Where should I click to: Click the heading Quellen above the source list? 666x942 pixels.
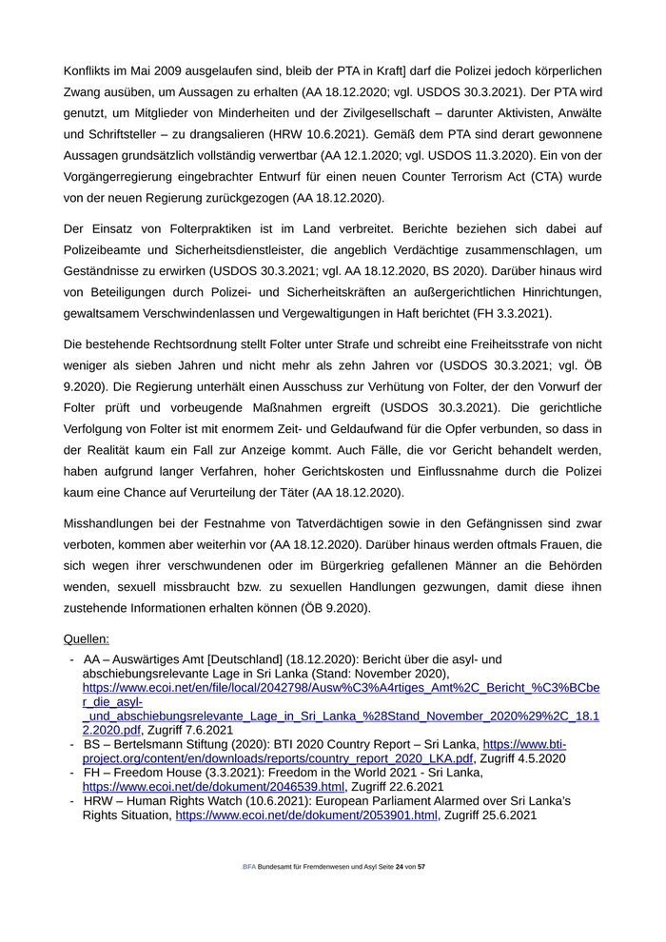pyautogui.click(x=87, y=639)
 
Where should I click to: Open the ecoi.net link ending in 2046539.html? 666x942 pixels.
pyautogui.click(x=212, y=787)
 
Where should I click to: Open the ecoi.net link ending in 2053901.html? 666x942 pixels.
pyautogui.click(x=306, y=815)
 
